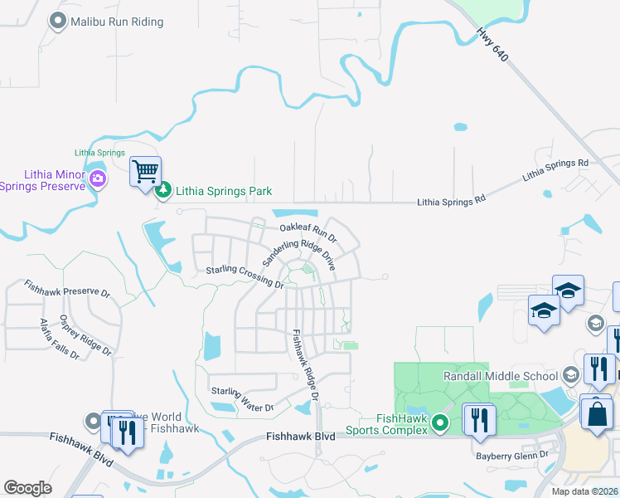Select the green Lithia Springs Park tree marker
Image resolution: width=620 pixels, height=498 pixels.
[164, 192]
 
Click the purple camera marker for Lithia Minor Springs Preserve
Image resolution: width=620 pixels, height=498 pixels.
[98, 178]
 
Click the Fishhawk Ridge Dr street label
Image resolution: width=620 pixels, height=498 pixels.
[305, 364]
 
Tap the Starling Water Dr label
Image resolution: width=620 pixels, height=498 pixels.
[242, 398]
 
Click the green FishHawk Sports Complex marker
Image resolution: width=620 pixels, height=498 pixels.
[441, 424]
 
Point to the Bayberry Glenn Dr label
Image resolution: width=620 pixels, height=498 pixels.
[512, 455]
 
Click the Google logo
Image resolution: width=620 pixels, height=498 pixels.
[28, 488]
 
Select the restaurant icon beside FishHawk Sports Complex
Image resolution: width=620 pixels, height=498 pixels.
[479, 420]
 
